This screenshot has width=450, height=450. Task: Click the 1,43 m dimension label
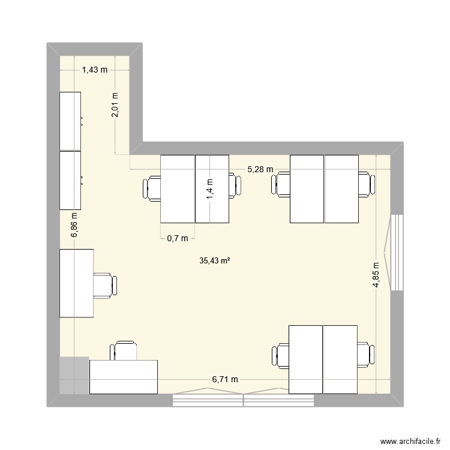tap(94, 70)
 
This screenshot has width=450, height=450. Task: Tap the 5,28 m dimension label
tap(260, 170)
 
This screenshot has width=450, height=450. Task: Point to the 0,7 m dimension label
tap(177, 238)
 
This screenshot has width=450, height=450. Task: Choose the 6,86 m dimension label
tap(74, 225)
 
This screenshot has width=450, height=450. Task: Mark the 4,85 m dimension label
tap(376, 275)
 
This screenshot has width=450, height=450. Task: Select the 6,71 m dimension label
tap(225, 379)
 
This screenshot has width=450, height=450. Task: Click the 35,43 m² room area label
tap(215, 260)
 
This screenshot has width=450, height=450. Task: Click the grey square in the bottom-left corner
tap(74, 376)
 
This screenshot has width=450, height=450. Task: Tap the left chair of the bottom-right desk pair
tap(281, 356)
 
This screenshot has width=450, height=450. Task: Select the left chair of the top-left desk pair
tap(152, 188)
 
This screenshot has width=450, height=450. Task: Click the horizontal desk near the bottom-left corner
tap(123, 377)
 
